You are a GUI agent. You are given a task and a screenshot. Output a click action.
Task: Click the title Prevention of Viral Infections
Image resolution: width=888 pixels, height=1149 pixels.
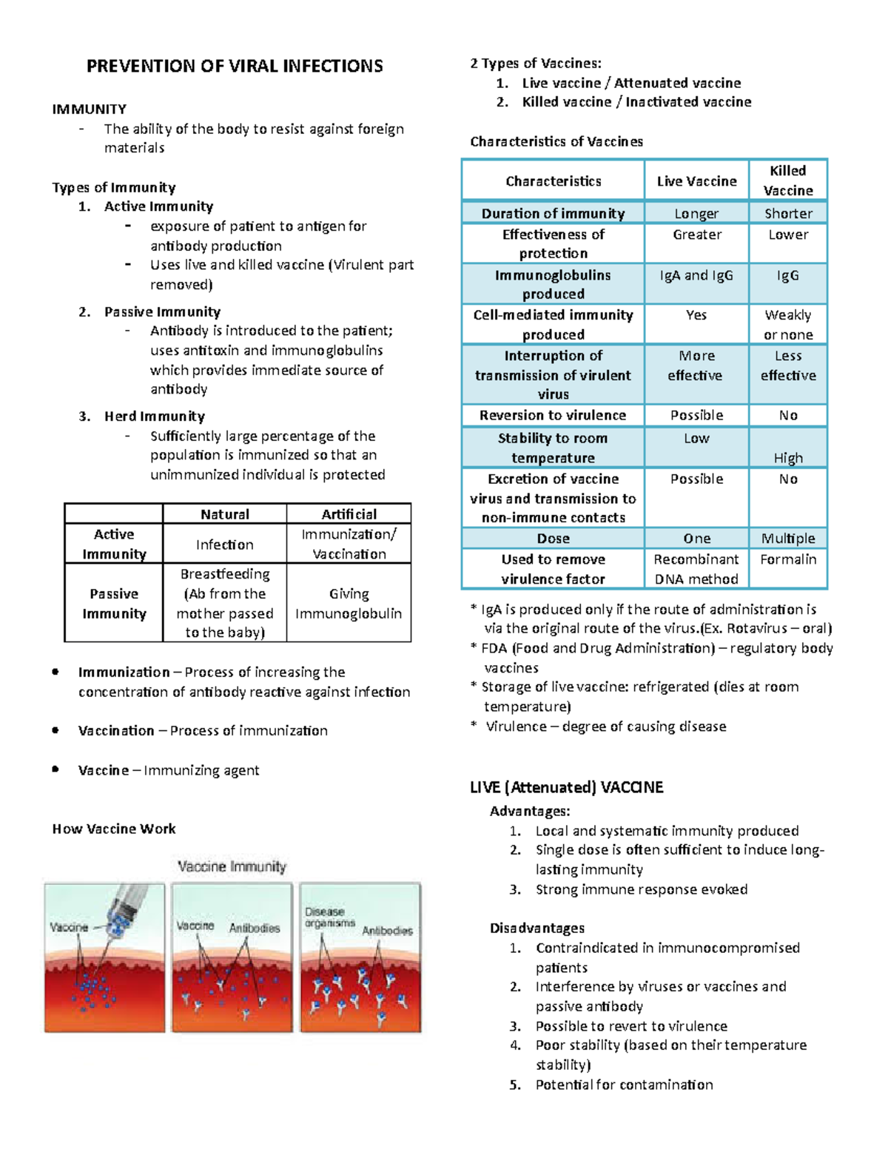tap(235, 67)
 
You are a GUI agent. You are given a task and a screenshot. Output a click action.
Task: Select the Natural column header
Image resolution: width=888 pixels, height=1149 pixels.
tap(224, 514)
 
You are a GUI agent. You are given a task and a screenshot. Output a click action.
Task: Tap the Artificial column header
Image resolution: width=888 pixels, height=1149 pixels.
tap(349, 514)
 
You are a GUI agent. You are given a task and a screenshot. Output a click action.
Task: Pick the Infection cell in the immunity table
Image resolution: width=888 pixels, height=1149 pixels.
tap(224, 545)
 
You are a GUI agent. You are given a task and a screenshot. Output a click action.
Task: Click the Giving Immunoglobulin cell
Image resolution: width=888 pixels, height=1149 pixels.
tap(349, 603)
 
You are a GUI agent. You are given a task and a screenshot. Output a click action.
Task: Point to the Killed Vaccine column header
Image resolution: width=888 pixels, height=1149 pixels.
tap(788, 181)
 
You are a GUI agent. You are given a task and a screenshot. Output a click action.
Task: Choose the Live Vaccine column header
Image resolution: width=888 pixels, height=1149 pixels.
tap(696, 181)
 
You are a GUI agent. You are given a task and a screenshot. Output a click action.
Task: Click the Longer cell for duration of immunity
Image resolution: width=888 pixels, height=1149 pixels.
tap(696, 214)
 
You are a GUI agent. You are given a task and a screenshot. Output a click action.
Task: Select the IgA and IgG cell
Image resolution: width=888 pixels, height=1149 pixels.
tap(696, 275)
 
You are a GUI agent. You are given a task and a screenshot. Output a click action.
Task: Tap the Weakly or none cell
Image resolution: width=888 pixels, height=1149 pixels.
tap(788, 325)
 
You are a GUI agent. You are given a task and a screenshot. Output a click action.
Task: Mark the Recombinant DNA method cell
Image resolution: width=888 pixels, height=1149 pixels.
tap(696, 569)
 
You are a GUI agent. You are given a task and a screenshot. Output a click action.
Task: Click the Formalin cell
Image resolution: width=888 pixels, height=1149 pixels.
tap(788, 559)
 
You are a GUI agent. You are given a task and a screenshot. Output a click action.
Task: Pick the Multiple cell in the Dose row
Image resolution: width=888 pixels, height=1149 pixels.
tap(788, 539)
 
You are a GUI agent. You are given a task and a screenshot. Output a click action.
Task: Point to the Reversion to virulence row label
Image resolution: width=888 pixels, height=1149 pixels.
tap(553, 415)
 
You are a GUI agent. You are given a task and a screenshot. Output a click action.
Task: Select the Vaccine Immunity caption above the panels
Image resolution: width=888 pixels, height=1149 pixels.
tap(232, 866)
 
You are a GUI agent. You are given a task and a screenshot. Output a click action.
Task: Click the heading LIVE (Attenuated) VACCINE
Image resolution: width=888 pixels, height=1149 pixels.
tap(566, 787)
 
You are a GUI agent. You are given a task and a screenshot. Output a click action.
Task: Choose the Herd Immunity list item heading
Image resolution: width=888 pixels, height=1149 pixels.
tap(155, 417)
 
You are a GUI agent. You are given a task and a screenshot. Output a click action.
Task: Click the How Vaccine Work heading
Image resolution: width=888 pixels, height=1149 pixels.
tap(114, 829)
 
